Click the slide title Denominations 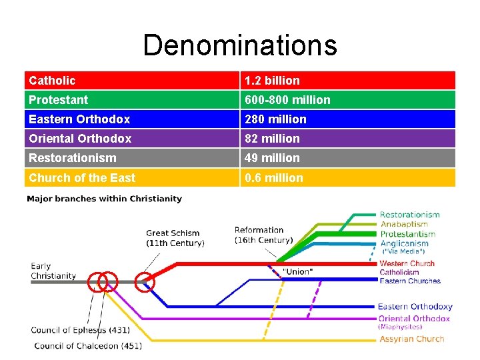(x=240, y=45)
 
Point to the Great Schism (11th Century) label (x=175, y=237)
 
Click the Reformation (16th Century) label (x=263, y=235)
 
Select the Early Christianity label (x=53, y=271)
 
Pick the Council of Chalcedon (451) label (x=87, y=345)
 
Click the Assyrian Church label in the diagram (x=411, y=339)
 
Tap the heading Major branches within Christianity (x=104, y=199)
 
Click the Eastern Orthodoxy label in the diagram (x=415, y=307)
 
